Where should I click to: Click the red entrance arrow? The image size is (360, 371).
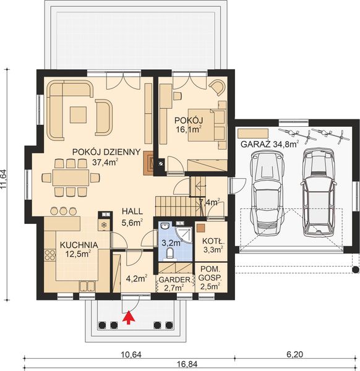(x=129, y=318)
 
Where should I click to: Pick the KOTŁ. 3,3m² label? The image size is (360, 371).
(x=212, y=245)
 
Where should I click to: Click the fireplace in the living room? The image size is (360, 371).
(x=150, y=162)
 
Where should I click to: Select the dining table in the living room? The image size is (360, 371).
(x=70, y=177)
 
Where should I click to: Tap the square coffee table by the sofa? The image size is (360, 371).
(x=79, y=114)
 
